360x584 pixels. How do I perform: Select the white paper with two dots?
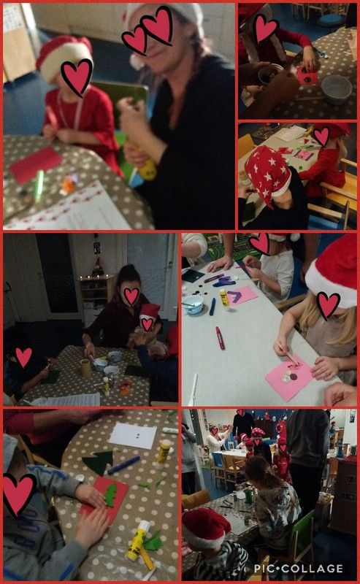point(133,435)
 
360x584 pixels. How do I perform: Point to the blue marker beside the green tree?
point(123,464)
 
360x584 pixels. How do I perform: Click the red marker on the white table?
point(220,337)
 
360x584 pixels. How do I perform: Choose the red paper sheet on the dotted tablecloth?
point(36,165)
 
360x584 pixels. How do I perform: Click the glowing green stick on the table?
point(39,185)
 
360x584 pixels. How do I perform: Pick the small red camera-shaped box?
point(307,75)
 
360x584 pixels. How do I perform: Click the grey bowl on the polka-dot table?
point(337,89)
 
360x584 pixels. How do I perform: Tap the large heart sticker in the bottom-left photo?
point(18,493)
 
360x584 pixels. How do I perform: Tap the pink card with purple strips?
point(240,295)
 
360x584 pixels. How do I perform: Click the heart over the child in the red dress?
point(76,75)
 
